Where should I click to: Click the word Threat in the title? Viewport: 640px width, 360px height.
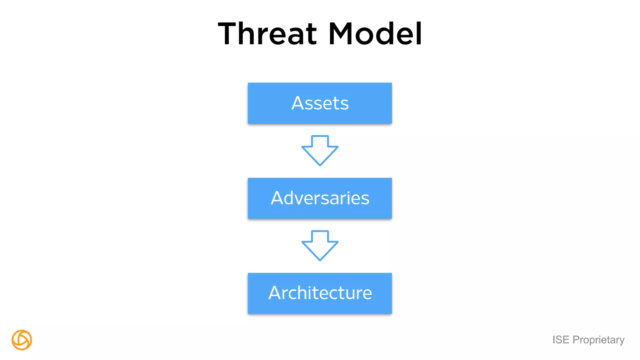point(267,33)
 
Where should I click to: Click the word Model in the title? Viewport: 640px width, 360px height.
point(375,33)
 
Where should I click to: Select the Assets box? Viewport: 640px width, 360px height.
point(320,103)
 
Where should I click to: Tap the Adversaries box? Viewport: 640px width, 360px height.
point(320,198)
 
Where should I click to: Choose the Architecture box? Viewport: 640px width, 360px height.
point(320,293)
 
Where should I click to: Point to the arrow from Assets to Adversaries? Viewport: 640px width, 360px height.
point(320,150)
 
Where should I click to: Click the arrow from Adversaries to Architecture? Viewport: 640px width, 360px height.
point(320,245)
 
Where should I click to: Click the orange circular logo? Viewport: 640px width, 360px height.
point(22,340)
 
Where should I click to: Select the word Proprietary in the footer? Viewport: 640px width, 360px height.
point(598,340)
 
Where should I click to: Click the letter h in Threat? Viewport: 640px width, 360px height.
point(252,33)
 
